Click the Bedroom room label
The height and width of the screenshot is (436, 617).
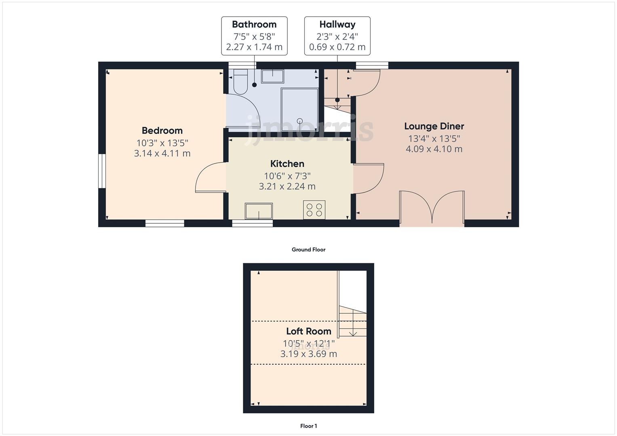tap(162, 130)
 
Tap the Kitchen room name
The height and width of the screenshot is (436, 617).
tap(287, 163)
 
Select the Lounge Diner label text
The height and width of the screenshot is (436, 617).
tap(434, 126)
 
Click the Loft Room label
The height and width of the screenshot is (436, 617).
tap(308, 331)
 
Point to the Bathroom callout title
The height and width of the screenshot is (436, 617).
tap(254, 24)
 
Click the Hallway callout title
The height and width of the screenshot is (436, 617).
tap(337, 24)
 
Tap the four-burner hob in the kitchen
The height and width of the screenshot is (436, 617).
tap(314, 210)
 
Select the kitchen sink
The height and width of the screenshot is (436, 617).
tap(259, 211)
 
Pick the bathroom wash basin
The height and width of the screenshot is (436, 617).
tap(272, 76)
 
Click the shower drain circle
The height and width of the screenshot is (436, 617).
tap(300, 121)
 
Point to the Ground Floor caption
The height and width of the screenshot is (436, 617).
tap(308, 249)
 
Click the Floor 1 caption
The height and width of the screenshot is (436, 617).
tap(308, 426)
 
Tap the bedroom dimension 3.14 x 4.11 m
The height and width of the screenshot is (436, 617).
tap(162, 153)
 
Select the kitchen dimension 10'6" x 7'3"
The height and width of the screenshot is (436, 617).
tap(287, 176)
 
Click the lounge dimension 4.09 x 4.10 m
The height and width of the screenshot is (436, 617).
tap(434, 149)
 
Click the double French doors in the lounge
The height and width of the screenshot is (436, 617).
tap(432, 208)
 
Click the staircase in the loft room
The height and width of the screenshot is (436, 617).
tap(353, 321)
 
